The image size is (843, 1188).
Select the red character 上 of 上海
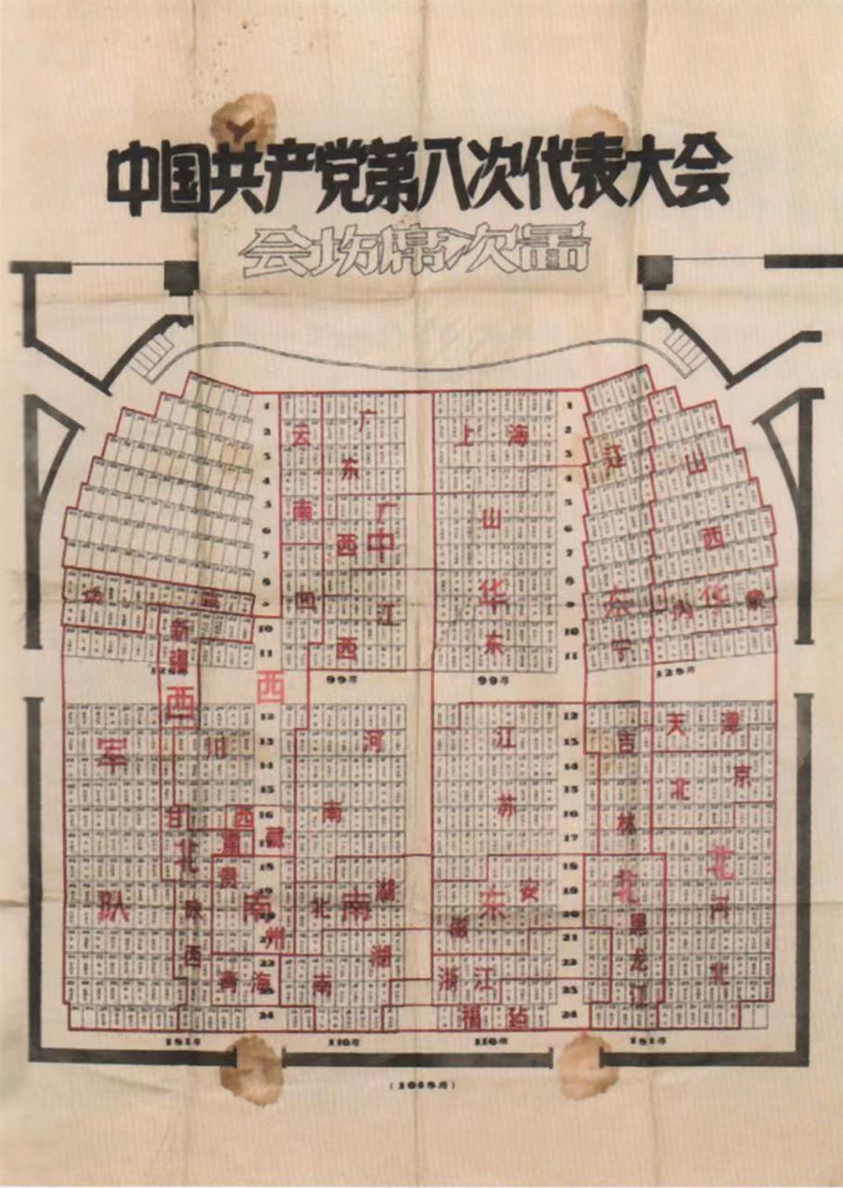coord(464,435)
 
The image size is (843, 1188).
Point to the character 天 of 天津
coord(679,719)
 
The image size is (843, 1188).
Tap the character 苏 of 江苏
coord(505,807)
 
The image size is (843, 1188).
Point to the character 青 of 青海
coord(227,978)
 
